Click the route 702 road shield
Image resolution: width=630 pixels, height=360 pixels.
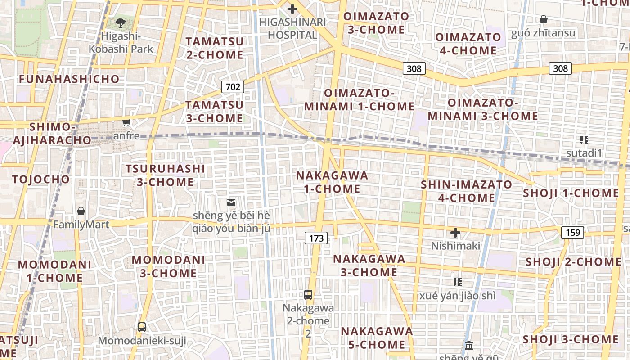pos(233,86)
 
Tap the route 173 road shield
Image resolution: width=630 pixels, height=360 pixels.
pos(316,238)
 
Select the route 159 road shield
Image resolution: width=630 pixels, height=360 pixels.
pos(573,233)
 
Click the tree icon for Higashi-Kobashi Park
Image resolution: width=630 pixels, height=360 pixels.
pos(120,22)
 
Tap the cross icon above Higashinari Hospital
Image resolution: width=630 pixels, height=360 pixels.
pos(292,9)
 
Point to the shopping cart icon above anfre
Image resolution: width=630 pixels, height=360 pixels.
pos(126,122)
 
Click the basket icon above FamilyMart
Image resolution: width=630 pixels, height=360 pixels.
pos(81,211)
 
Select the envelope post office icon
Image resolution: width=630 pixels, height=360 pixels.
pos(231,202)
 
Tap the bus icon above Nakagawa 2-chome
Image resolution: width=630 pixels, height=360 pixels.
pos(308,295)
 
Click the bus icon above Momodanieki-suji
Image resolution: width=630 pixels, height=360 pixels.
pos(142,327)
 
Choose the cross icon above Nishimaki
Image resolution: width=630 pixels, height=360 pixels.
pos(455,233)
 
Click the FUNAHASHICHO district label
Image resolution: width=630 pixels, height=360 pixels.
pos(69,79)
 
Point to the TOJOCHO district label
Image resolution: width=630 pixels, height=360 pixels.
pos(41,180)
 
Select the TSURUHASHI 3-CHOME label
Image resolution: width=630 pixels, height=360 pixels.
pos(165,175)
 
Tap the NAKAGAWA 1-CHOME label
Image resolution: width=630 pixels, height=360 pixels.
pos(332,182)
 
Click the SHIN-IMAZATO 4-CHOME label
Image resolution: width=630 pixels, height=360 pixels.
pos(466,191)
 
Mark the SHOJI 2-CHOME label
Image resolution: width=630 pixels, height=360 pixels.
pos(573,262)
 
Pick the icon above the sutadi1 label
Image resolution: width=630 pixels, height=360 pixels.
pos(584,140)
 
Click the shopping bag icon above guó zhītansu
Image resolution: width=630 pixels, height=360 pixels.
pos(544,19)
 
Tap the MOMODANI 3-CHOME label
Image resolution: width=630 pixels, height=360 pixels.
pos(168,266)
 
